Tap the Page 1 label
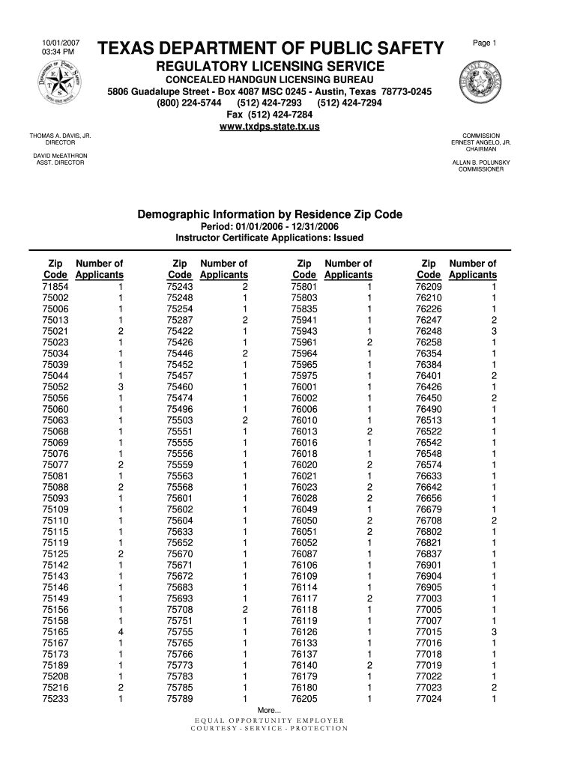point(485,43)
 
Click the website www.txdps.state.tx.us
point(269,127)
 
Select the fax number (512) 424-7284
point(269,115)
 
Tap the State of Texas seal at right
point(481,87)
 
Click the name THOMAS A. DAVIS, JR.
point(60,136)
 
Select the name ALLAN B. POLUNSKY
point(481,162)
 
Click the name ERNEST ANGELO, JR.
point(481,142)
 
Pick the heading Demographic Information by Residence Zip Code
point(269,215)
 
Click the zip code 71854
point(56,287)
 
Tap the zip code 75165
point(56,632)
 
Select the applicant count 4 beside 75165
point(121,632)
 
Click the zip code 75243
point(180,287)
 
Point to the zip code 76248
point(429,331)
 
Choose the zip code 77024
point(429,699)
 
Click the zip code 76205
point(304,699)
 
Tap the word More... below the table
point(269,710)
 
